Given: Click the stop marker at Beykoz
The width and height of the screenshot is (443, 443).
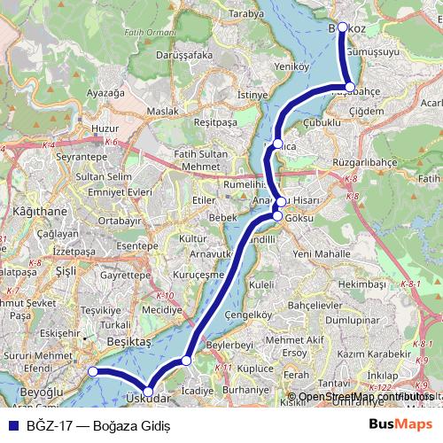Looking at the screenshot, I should tap(343, 27).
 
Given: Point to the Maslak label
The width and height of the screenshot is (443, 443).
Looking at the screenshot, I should tap(162, 111).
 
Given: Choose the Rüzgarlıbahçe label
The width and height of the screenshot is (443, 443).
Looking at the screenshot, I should tap(364, 163).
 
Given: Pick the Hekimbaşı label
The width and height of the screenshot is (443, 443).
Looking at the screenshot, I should tap(362, 284).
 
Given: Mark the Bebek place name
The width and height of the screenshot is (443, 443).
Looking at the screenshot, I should tap(221, 217).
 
